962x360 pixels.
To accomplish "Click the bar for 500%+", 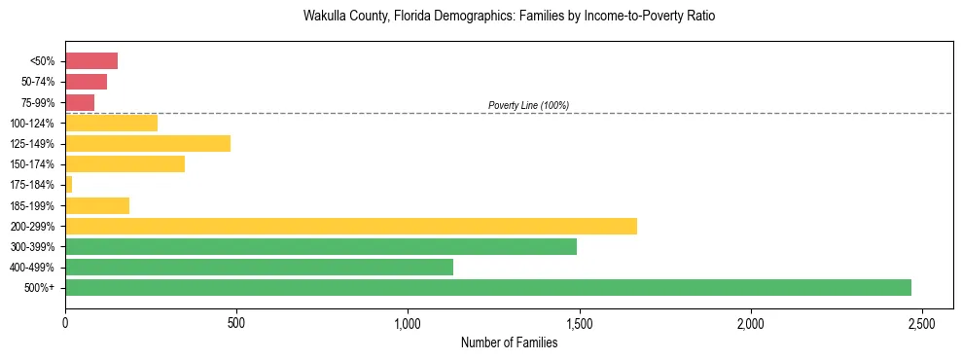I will coord(487,287).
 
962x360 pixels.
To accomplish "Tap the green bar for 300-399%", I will coord(321,246).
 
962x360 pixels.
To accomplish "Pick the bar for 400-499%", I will coord(259,267).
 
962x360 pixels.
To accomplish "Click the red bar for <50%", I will coord(91,61).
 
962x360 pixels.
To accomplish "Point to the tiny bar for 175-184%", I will coord(69,184).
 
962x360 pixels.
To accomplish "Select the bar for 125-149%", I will coord(148,143).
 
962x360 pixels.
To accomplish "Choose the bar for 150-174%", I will coord(125,163).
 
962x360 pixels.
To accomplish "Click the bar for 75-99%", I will coord(80,102).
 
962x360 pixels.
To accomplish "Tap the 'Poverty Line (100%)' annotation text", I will coord(528,105).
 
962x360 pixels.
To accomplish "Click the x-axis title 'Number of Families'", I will coord(509,342).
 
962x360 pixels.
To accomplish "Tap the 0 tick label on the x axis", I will coord(65,322).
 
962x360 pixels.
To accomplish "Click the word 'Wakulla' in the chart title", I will coord(325,17).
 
